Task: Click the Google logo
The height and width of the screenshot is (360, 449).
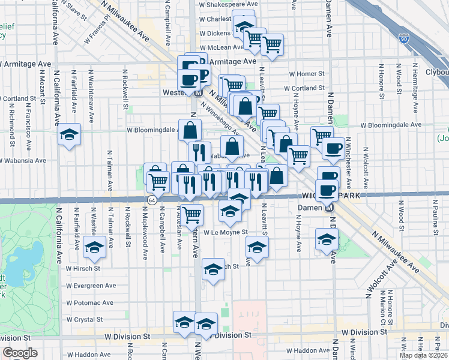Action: pos(19,353)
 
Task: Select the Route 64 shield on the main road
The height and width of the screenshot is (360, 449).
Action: pos(152,200)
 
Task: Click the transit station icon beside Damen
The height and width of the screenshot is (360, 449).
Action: pos(328,208)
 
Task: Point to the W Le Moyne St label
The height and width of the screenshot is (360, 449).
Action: pos(226,232)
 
